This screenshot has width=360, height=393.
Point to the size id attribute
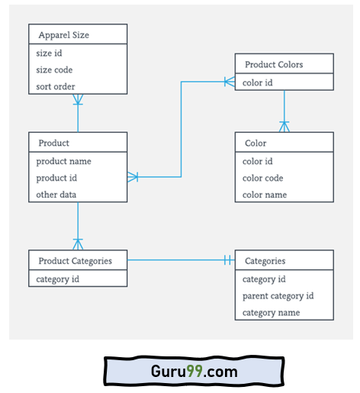point(49,53)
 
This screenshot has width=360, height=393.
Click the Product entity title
point(53,143)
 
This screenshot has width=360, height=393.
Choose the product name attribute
point(63,161)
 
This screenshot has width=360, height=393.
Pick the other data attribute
point(56,195)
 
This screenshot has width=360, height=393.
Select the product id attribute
point(58,178)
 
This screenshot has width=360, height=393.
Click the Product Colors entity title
point(274,65)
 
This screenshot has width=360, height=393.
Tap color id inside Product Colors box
point(258,82)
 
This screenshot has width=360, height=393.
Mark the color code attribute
point(263,178)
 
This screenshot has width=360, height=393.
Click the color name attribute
point(265,195)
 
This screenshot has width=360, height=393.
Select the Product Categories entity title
point(75,261)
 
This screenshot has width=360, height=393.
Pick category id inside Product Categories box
point(58,279)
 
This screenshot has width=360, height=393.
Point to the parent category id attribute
point(278,296)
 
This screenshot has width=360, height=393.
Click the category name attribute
point(271,313)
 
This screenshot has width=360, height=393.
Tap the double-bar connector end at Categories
point(228,261)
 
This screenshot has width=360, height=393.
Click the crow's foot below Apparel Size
point(78,99)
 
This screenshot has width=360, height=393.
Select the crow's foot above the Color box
point(284,125)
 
